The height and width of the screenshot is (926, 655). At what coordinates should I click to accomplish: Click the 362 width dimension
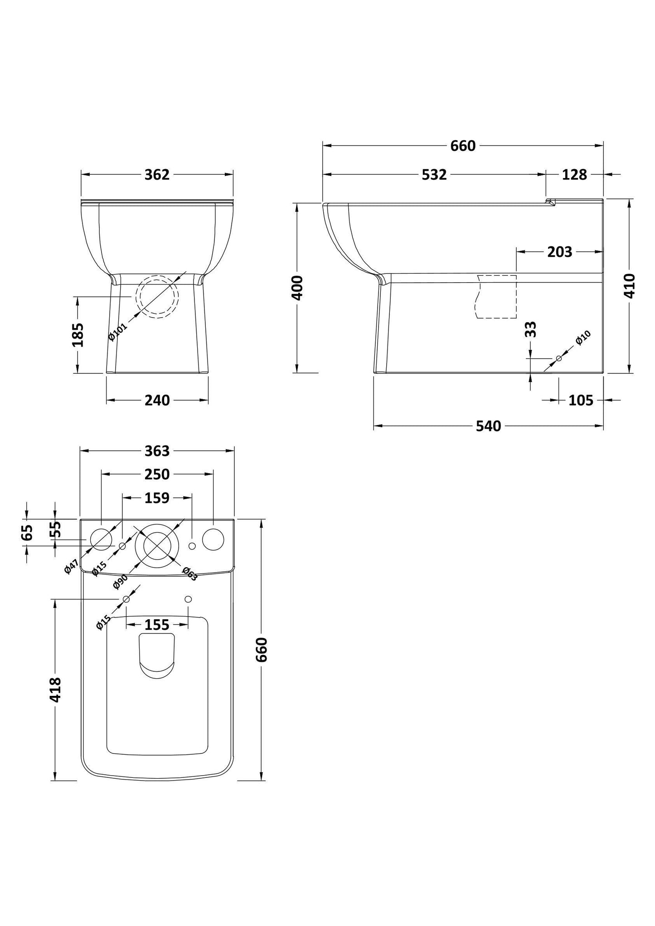(157, 174)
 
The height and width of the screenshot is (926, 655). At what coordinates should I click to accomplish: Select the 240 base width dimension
(157, 400)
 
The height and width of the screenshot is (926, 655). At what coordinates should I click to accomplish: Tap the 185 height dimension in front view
(78, 335)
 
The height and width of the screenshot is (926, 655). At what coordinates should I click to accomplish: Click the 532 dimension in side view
(434, 174)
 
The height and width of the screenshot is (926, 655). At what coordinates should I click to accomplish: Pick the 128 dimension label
(574, 174)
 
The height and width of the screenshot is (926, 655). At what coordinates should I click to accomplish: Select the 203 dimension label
(559, 252)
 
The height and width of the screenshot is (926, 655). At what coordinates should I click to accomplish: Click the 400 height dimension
(297, 287)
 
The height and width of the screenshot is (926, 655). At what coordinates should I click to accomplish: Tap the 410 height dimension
(630, 285)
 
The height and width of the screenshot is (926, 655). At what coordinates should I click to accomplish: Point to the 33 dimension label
(531, 329)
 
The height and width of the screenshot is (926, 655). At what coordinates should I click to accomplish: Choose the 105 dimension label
(580, 400)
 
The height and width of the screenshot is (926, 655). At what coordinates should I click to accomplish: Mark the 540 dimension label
(488, 426)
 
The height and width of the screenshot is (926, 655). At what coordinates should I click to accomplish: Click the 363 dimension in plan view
(157, 451)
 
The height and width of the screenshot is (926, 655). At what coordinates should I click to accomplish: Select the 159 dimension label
(157, 498)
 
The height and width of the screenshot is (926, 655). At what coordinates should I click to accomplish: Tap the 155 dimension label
(157, 625)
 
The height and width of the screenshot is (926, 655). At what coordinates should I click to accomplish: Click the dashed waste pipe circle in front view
(159, 297)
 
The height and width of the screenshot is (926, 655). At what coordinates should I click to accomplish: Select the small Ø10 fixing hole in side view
(558, 358)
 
